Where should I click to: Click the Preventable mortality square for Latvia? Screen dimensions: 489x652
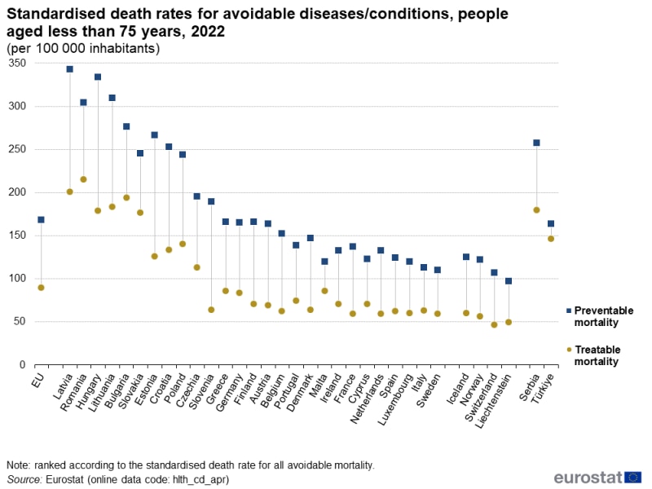coord(70,69)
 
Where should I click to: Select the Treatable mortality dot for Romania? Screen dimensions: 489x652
coord(84,179)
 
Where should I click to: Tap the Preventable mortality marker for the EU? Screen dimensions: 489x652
coord(42,220)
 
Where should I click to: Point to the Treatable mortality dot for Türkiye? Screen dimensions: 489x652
coord(551,239)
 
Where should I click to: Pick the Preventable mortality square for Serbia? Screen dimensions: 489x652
coord(537,143)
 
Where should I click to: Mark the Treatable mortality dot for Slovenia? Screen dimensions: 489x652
coord(211,310)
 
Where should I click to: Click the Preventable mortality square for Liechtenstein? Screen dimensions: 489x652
coord(509,281)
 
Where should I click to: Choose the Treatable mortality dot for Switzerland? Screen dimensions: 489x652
coord(494,324)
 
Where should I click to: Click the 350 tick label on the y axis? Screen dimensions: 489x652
coord(16,64)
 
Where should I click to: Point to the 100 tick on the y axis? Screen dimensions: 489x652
coord(16,279)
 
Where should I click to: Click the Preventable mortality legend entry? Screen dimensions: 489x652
coord(603,316)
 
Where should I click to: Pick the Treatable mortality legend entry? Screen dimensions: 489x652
coord(597,355)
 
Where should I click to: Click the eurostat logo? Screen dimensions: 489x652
coord(597,477)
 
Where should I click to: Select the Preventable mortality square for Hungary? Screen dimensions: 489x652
coord(98,77)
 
